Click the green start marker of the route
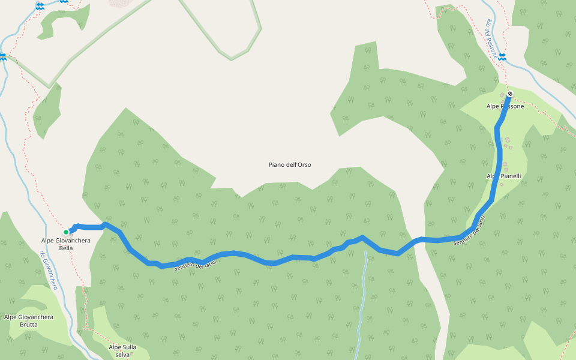[66, 232]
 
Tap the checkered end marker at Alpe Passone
[509, 94]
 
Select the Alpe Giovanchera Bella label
[65, 244]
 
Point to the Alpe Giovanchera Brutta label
[29, 320]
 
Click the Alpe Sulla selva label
[122, 350]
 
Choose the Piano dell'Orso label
[290, 164]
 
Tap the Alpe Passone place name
[505, 106]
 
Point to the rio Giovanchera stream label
[49, 270]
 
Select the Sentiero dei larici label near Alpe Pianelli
[469, 230]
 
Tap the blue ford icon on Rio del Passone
[502, 56]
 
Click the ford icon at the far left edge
[3, 56]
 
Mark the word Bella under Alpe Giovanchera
[65, 248]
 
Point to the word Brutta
[28, 325]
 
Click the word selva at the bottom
[122, 355]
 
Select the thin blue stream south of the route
[362, 300]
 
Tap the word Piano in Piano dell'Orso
[277, 164]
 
